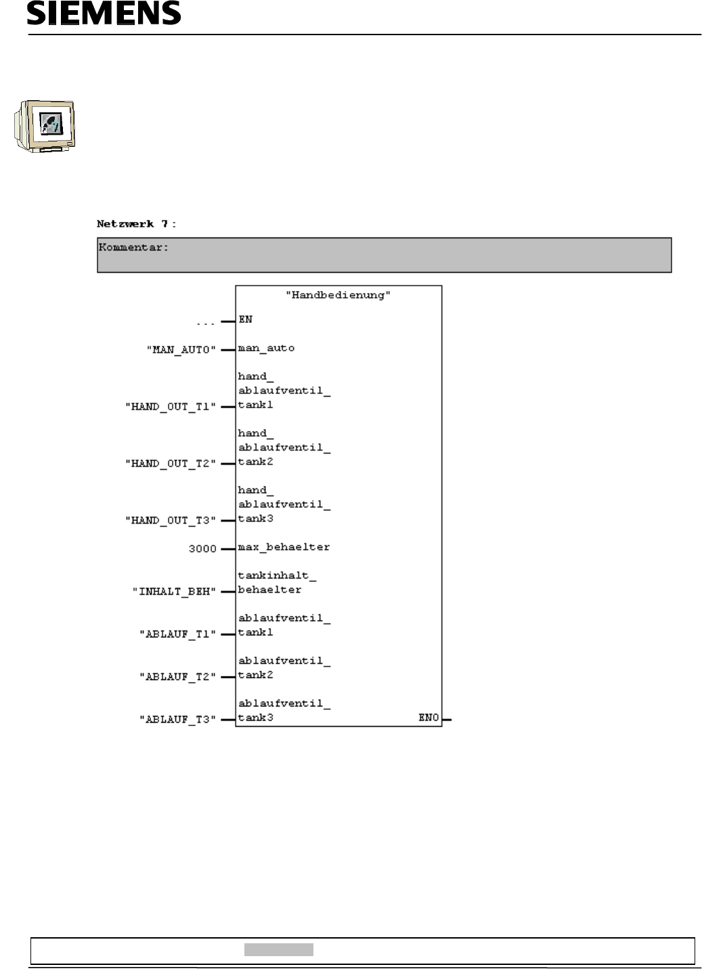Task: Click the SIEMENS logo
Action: pyautogui.click(x=104, y=13)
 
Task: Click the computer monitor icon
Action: pyautogui.click(x=45, y=125)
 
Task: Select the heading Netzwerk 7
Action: pyautogui.click(x=136, y=223)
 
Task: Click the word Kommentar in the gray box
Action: pyautogui.click(x=131, y=248)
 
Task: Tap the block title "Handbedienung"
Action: pyautogui.click(x=338, y=295)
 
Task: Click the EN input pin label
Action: pyautogui.click(x=245, y=319)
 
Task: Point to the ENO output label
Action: pyautogui.click(x=429, y=718)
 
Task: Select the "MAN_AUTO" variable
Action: pyautogui.click(x=181, y=351)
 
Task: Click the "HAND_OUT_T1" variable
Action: pyautogui.click(x=170, y=407)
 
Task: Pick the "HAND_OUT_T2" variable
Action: pyautogui.click(x=170, y=464)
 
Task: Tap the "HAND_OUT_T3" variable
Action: pyautogui.click(x=170, y=520)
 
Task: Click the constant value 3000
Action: pyautogui.click(x=202, y=549)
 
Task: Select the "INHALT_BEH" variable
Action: pyautogui.click(x=174, y=591)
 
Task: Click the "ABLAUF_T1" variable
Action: pyautogui.click(x=177, y=634)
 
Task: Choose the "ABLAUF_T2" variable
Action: pyautogui.click(x=177, y=677)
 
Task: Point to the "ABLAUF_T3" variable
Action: pyautogui.click(x=177, y=719)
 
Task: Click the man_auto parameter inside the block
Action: pyautogui.click(x=266, y=348)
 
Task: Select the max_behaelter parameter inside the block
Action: pyautogui.click(x=284, y=547)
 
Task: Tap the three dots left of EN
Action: pyautogui.click(x=205, y=323)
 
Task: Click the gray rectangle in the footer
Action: pyautogui.click(x=278, y=949)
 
